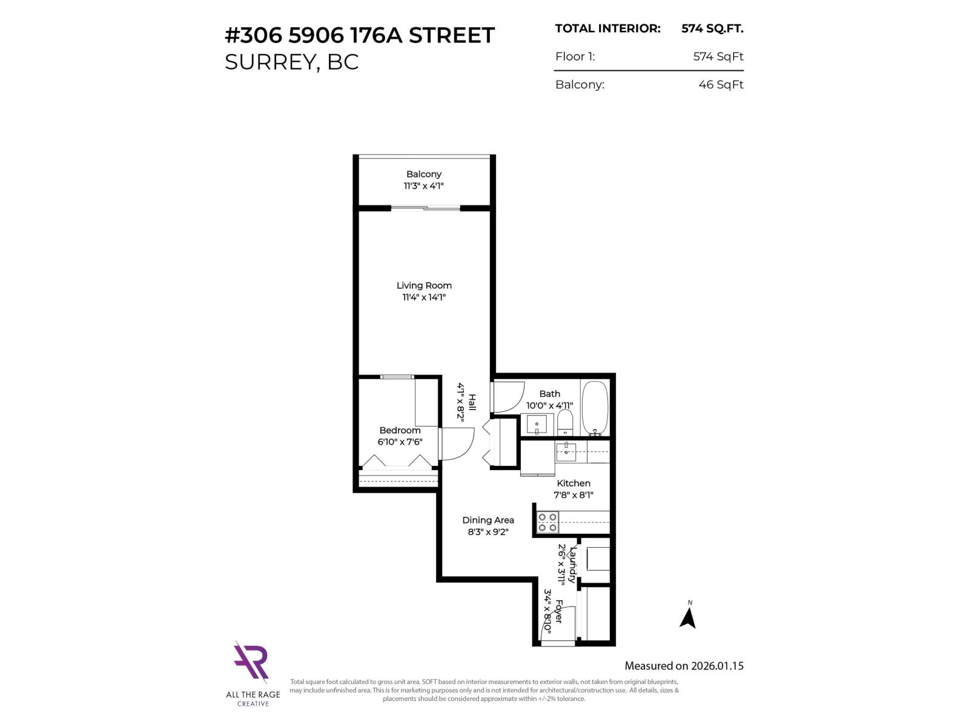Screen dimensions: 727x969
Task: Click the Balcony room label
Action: [423, 174]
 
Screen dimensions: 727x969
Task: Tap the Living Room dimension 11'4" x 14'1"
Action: [424, 297]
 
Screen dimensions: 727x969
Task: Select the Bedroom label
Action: [400, 430]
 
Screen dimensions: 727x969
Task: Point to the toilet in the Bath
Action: [564, 422]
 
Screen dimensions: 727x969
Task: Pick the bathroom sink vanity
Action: [537, 425]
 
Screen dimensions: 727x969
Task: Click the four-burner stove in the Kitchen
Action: [547, 522]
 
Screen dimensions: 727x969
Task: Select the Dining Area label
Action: [488, 520]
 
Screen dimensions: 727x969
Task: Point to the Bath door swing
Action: [508, 397]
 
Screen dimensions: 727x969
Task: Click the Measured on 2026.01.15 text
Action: [684, 666]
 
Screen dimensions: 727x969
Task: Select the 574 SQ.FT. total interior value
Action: [712, 28]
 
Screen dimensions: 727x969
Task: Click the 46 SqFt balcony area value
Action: [721, 85]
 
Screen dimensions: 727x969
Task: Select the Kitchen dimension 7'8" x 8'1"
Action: [573, 495]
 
